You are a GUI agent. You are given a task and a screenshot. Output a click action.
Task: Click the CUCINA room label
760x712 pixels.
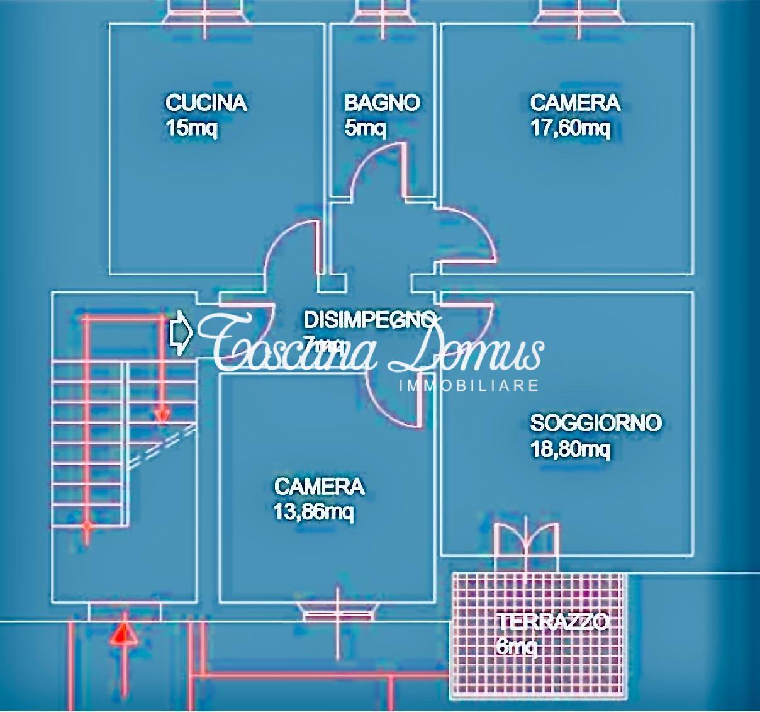pyautogui.click(x=206, y=103)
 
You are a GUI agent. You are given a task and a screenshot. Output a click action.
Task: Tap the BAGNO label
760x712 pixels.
pyautogui.click(x=381, y=103)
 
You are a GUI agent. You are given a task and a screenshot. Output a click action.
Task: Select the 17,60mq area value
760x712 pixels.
pyautogui.click(x=570, y=128)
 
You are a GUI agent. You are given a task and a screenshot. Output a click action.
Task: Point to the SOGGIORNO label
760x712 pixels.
pyautogui.click(x=595, y=422)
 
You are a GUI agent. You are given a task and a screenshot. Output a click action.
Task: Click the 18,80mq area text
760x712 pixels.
pyautogui.click(x=570, y=449)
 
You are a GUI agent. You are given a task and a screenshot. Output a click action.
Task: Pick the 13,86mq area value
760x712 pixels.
pyautogui.click(x=313, y=512)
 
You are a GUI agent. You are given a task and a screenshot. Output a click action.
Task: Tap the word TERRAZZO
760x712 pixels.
pyautogui.click(x=552, y=622)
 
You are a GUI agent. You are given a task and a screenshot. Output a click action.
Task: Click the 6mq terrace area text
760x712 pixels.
pyautogui.click(x=516, y=646)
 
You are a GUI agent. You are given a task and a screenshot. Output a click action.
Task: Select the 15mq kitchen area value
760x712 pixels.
pyautogui.click(x=191, y=128)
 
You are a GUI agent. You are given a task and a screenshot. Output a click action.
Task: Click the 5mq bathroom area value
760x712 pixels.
pyautogui.click(x=365, y=128)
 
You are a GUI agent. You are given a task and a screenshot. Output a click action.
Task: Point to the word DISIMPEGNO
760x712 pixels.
pyautogui.click(x=369, y=320)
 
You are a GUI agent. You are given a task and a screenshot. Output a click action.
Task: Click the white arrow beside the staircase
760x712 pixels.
pyautogui.click(x=181, y=332)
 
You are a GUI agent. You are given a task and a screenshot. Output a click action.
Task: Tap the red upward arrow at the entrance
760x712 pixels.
pyautogui.click(x=124, y=632)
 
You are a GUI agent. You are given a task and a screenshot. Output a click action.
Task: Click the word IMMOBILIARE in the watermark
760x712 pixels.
pyautogui.click(x=469, y=385)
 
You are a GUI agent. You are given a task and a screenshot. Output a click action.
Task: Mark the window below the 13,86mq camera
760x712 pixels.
pyautogui.click(x=339, y=612)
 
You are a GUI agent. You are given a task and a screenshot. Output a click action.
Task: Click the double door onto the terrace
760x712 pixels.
pyautogui.click(x=526, y=540)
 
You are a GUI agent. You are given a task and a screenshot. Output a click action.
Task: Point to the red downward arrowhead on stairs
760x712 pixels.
pyautogui.click(x=162, y=415)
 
